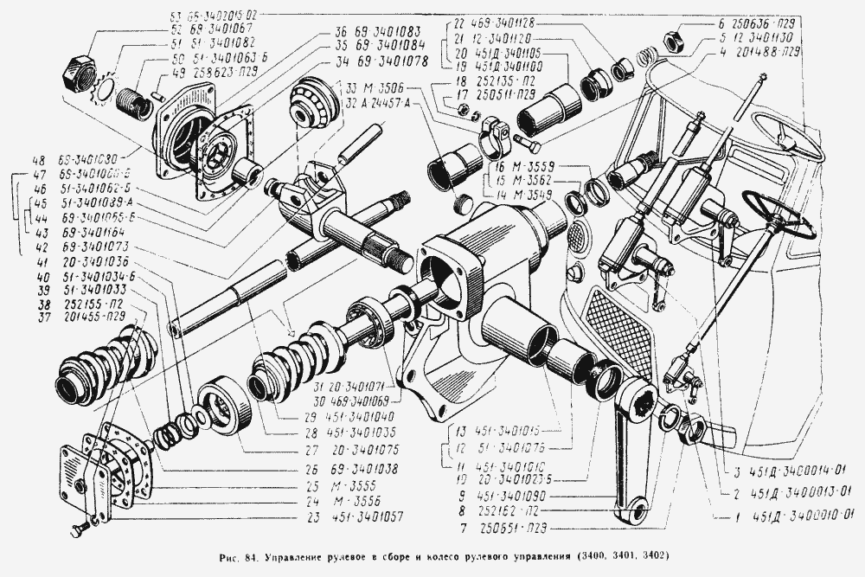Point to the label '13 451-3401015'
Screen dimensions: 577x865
click(x=497, y=430)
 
